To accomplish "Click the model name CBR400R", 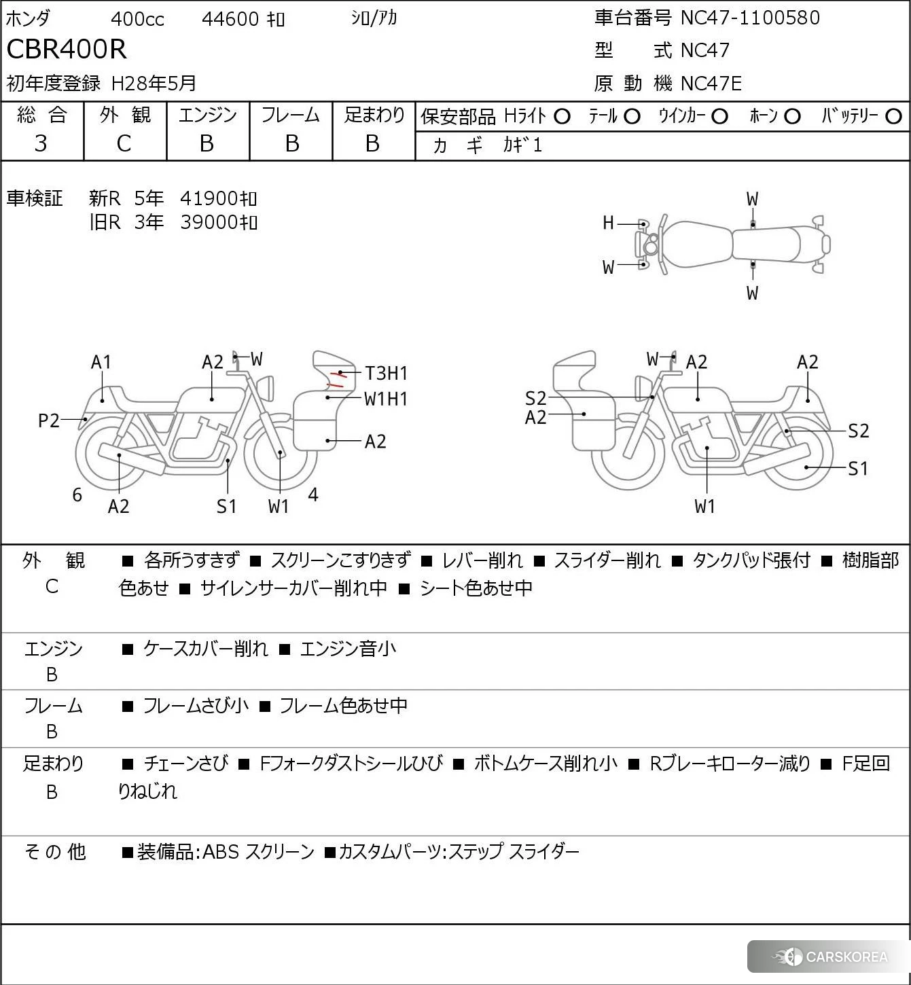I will coord(67,50).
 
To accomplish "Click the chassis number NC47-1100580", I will coord(750,18).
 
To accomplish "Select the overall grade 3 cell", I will coord(41,143).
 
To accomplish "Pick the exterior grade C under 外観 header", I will coord(124,143).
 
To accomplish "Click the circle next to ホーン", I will coord(792,117).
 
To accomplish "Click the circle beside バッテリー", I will coord(894,117).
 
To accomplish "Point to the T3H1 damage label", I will coord(386,373).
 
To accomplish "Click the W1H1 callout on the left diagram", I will coord(386,399).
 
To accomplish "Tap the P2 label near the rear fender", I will coord(49,421).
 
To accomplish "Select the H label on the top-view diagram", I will coord(608,223).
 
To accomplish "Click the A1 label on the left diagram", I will coord(101,362).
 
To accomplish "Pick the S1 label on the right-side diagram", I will coord(858,469).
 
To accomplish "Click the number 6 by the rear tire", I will coord(77,495).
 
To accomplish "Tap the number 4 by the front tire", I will coord(313,495).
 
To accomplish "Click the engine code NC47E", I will coord(711,84).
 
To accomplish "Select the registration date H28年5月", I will coord(154,84).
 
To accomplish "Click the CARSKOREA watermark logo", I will coord(830,957).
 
